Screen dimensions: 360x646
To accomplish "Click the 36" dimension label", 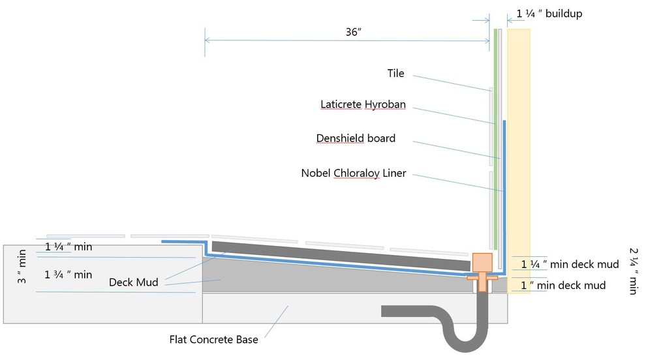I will [x=354, y=32].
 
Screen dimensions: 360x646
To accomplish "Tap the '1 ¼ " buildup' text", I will [x=549, y=13].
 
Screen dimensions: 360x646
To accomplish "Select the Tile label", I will [x=395, y=74].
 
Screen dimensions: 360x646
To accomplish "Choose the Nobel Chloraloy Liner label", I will [x=353, y=173].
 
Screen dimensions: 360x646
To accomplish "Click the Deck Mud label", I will [x=136, y=282].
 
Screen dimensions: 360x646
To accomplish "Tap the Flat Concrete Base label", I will [x=213, y=339].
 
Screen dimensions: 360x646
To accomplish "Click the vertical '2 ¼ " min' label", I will [x=632, y=270].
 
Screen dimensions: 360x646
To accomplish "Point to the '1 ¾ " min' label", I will [x=69, y=275].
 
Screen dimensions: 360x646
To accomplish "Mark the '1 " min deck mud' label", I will [x=563, y=285].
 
